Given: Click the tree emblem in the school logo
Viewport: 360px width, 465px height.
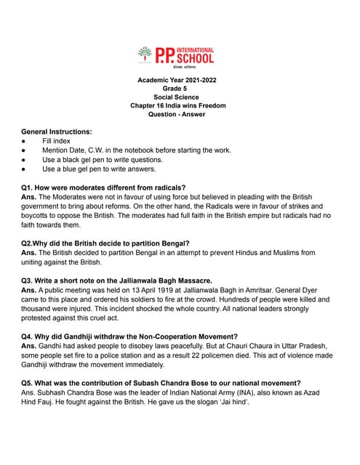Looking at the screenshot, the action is (145, 54).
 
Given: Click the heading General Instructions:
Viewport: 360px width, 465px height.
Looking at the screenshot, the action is (57, 132).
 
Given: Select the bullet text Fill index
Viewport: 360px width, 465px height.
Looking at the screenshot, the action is (56, 141).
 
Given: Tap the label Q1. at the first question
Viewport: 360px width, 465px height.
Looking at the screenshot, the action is (28, 187).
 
